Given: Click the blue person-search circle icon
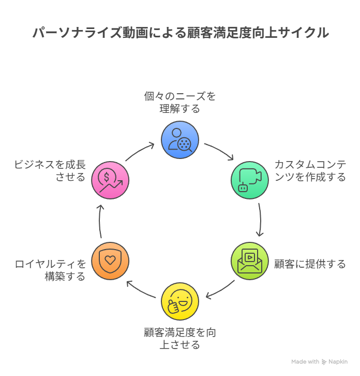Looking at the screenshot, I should (180, 140).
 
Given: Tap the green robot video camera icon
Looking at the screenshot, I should (250, 180).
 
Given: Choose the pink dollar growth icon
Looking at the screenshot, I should (110, 180).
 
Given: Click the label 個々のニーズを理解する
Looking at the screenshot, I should (180, 103).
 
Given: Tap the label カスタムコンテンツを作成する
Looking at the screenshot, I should (310, 171).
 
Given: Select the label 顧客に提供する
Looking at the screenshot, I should (310, 264).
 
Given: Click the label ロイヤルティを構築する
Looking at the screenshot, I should (51, 270).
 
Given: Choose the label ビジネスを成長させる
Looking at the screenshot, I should (51, 171).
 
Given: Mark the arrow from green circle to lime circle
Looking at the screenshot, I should (260, 220).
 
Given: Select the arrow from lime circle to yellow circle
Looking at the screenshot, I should (220, 291).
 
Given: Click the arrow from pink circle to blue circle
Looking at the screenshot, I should (140, 151).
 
